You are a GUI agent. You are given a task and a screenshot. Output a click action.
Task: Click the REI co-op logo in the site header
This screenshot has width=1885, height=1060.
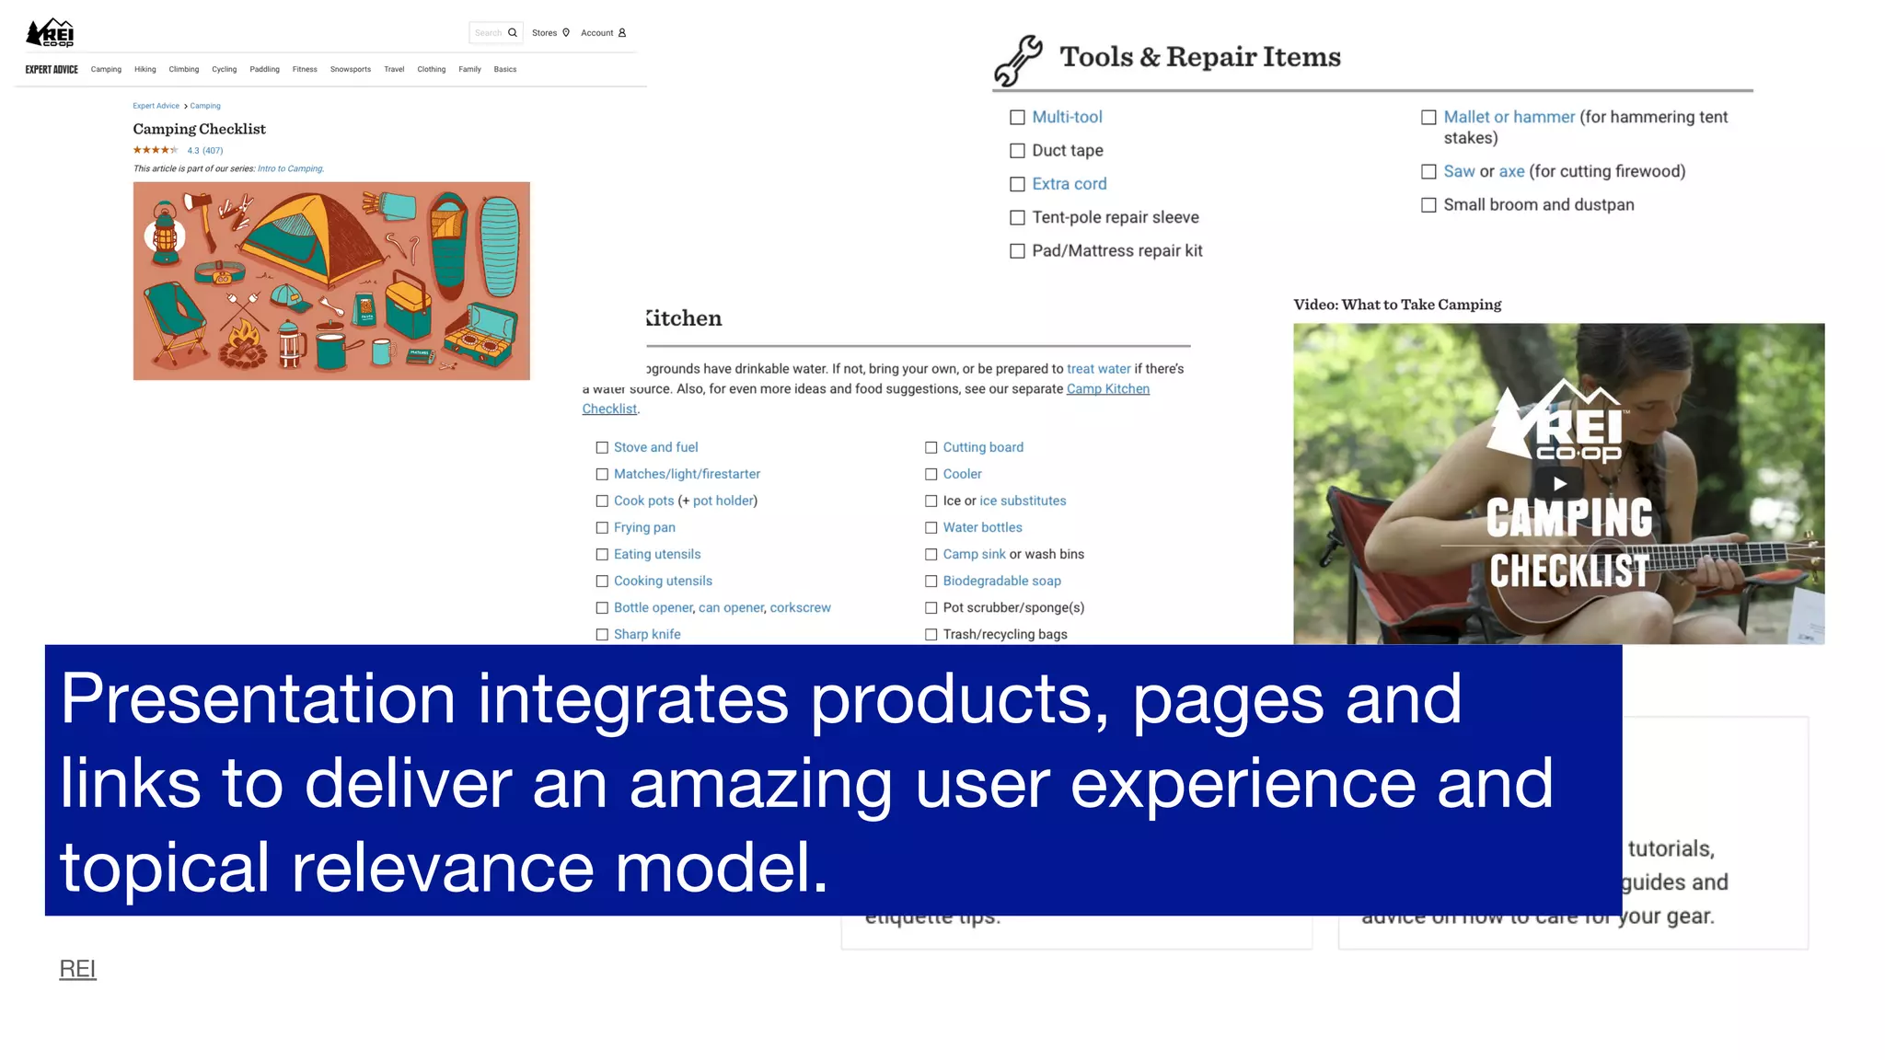[51, 33]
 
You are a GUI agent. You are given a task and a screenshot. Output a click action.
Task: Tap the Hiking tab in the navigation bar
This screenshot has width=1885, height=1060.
[145, 70]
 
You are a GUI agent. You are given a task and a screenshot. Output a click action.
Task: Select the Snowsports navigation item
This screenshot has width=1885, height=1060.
[350, 70]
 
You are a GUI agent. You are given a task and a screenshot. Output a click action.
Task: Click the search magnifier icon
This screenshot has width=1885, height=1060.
[513, 33]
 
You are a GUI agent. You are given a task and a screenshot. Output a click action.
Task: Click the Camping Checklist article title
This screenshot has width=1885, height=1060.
[199, 129]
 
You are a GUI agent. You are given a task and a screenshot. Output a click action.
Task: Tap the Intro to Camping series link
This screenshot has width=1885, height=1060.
[290, 168]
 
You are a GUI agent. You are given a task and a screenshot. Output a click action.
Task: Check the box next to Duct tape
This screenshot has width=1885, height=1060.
[1017, 151]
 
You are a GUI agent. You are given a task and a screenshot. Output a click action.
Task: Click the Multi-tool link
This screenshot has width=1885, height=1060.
[1067, 117]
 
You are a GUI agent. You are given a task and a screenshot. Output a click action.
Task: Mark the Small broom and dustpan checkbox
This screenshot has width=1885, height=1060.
[1428, 205]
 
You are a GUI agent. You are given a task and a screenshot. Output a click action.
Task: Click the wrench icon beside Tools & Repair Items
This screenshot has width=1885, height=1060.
[1018, 61]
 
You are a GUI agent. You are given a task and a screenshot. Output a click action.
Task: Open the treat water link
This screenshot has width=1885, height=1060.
[1098, 369]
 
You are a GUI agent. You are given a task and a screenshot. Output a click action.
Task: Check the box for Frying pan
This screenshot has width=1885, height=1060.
[602, 528]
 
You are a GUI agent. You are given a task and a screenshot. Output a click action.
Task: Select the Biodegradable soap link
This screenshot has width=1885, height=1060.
[1001, 582]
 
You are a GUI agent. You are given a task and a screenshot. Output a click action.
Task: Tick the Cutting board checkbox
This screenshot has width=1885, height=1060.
[931, 448]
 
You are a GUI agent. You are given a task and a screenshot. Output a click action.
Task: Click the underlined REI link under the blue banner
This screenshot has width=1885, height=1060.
[77, 969]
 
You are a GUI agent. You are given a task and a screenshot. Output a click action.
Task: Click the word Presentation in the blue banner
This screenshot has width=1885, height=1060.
[258, 699]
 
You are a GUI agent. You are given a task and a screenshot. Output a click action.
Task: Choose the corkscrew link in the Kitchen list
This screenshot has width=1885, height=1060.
[800, 608]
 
